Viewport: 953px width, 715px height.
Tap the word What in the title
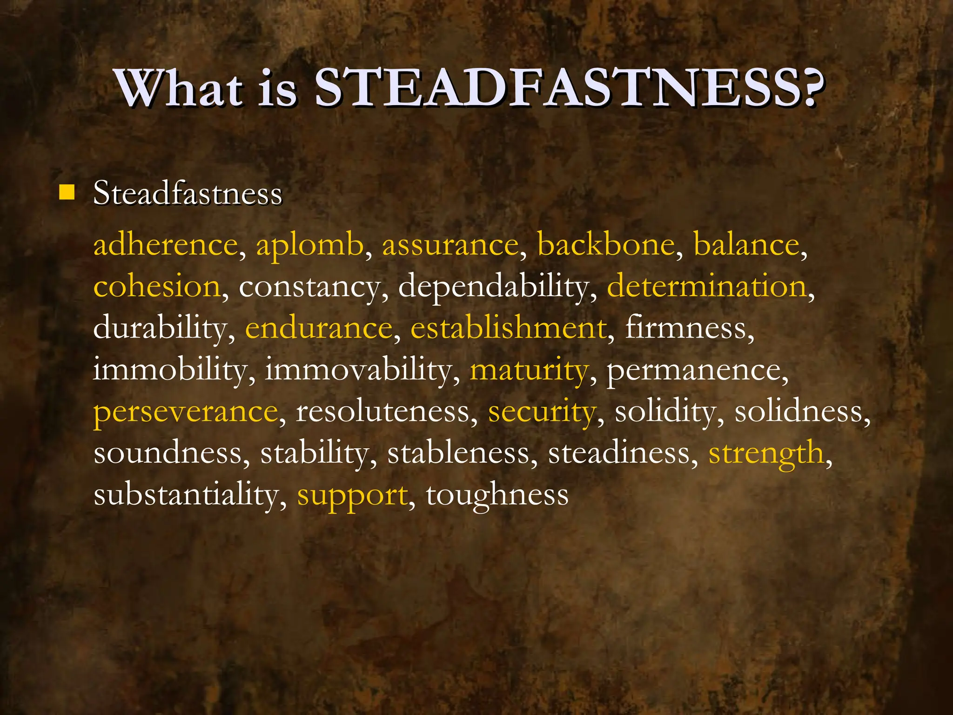click(x=180, y=88)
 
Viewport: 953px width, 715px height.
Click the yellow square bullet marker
click(x=67, y=192)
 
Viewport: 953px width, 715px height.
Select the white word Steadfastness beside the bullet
click(x=188, y=193)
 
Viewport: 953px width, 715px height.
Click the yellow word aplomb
click(x=309, y=245)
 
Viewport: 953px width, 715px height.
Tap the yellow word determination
click(x=706, y=286)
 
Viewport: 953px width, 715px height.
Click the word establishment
click(x=509, y=328)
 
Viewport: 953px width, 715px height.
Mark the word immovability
click(x=358, y=370)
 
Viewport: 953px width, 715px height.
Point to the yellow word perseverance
click(x=186, y=412)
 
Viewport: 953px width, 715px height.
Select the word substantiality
click(x=186, y=494)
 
